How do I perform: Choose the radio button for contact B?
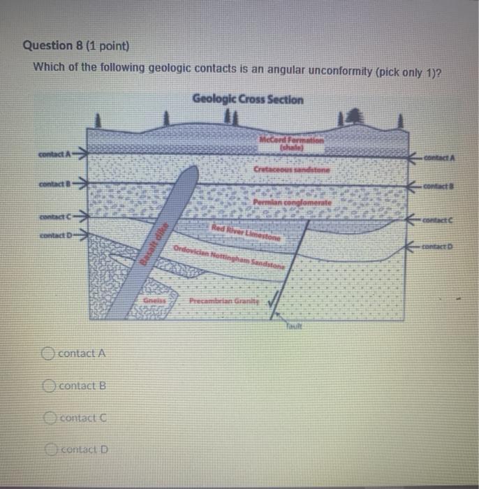tap(49, 386)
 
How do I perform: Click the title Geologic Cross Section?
tap(248, 99)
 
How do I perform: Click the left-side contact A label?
tap(61, 154)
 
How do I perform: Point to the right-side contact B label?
tap(440, 187)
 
